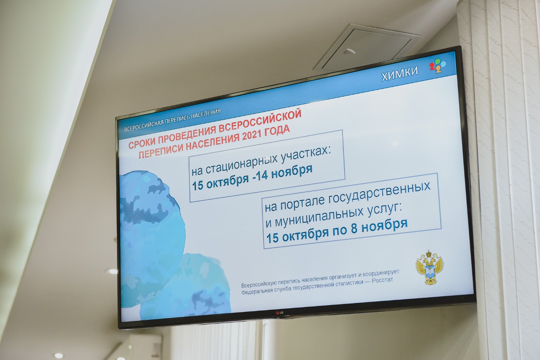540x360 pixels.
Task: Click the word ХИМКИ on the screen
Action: pyautogui.click(x=400, y=73)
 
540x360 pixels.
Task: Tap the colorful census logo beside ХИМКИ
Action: pyautogui.click(x=438, y=65)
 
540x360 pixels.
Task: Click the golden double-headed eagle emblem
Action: pyautogui.click(x=429, y=268)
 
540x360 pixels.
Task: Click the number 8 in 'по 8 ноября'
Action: pyautogui.click(x=354, y=228)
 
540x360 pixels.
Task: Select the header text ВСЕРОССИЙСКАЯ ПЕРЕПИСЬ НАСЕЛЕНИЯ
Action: pyautogui.click(x=173, y=120)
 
